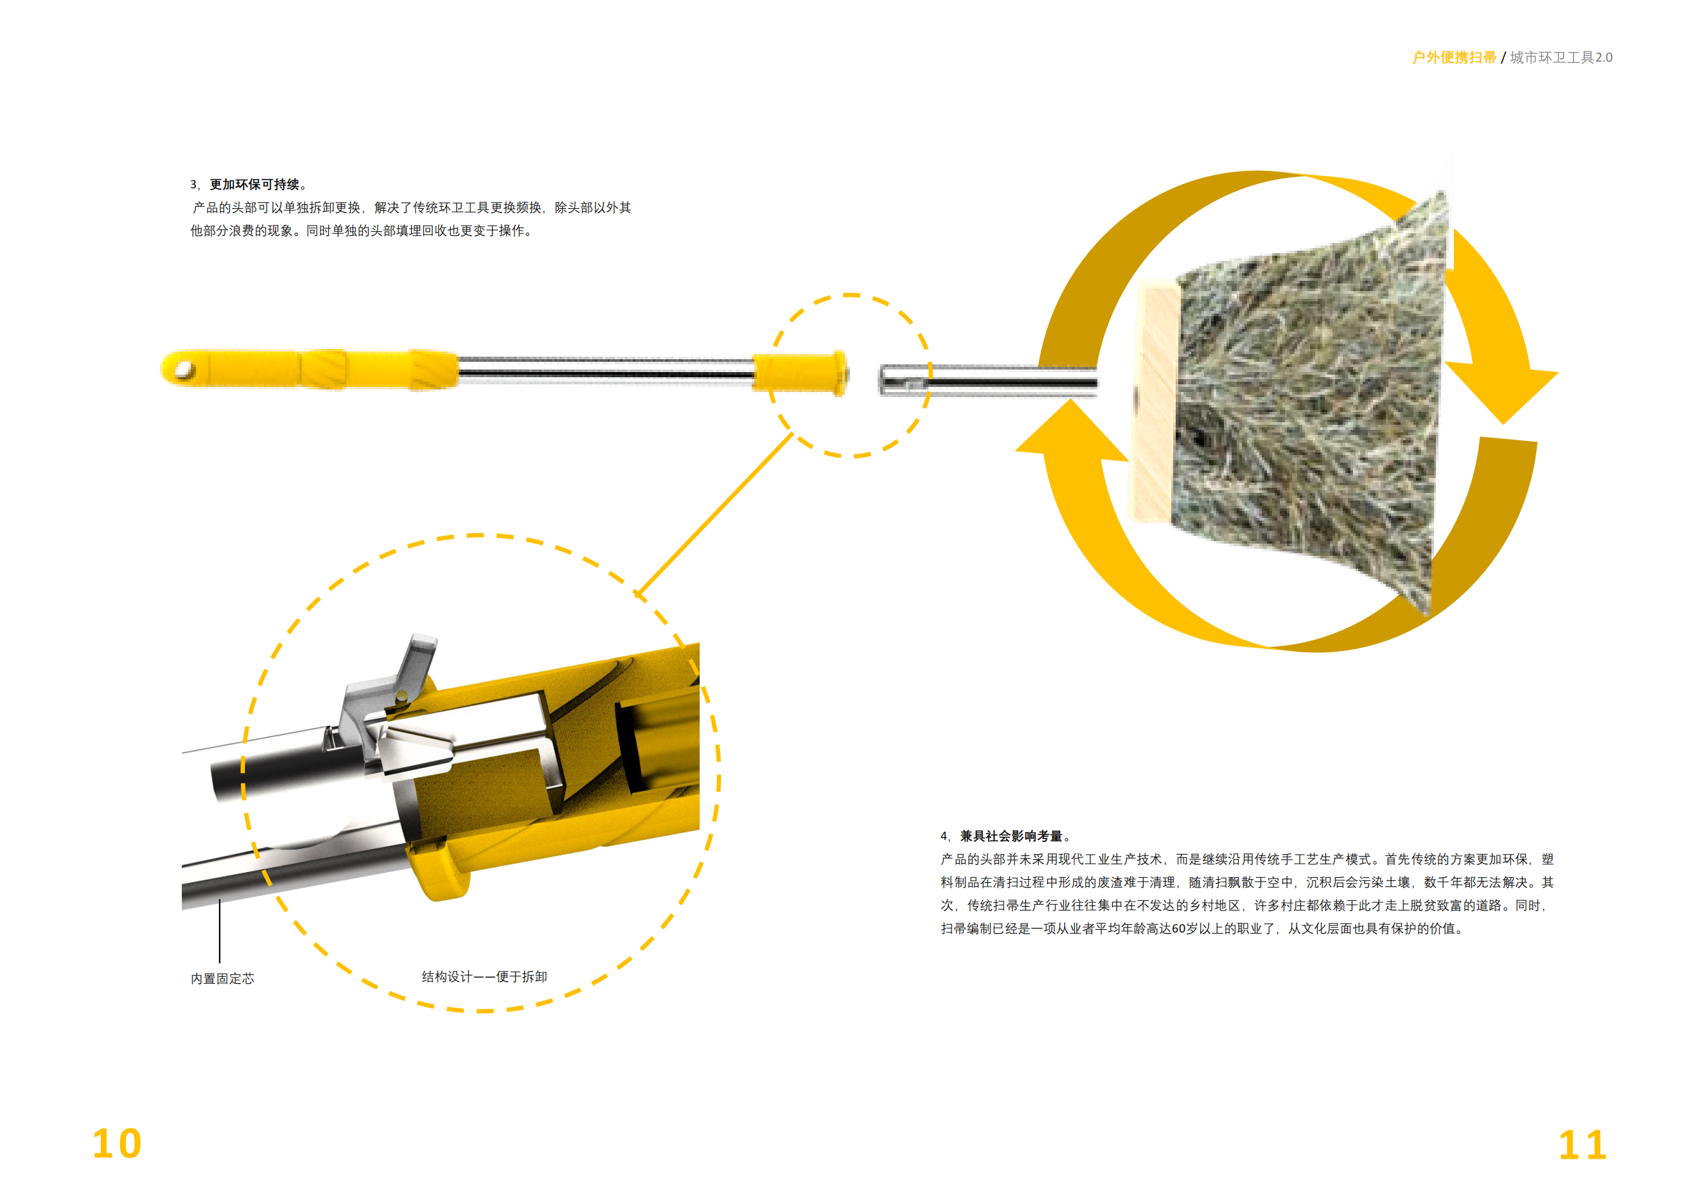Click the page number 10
click(117, 1144)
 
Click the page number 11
click(1582, 1146)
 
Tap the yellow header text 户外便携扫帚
click(1453, 58)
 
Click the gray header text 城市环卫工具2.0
click(1561, 58)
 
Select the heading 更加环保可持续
click(254, 184)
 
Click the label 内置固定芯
click(222, 979)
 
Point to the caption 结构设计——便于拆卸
click(484, 977)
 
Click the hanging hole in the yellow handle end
click(184, 369)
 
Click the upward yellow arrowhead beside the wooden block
click(1072, 431)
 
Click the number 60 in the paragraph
click(1179, 929)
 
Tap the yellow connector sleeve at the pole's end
click(800, 373)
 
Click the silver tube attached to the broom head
click(992, 380)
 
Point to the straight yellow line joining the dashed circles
click(714, 514)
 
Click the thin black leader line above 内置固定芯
click(219, 931)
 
